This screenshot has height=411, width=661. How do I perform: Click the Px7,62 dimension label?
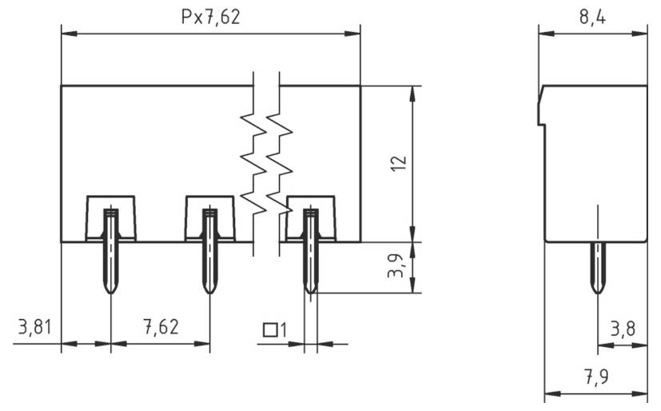[x=210, y=17]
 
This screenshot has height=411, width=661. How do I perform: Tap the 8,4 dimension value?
[x=591, y=17]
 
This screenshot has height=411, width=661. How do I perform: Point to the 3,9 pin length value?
[x=396, y=266]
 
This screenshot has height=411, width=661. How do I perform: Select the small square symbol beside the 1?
[x=271, y=329]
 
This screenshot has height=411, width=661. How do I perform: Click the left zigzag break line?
[x=253, y=164]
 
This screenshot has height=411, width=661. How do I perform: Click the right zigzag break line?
[x=279, y=164]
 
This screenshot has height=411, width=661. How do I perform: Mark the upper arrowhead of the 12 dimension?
[x=412, y=90]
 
